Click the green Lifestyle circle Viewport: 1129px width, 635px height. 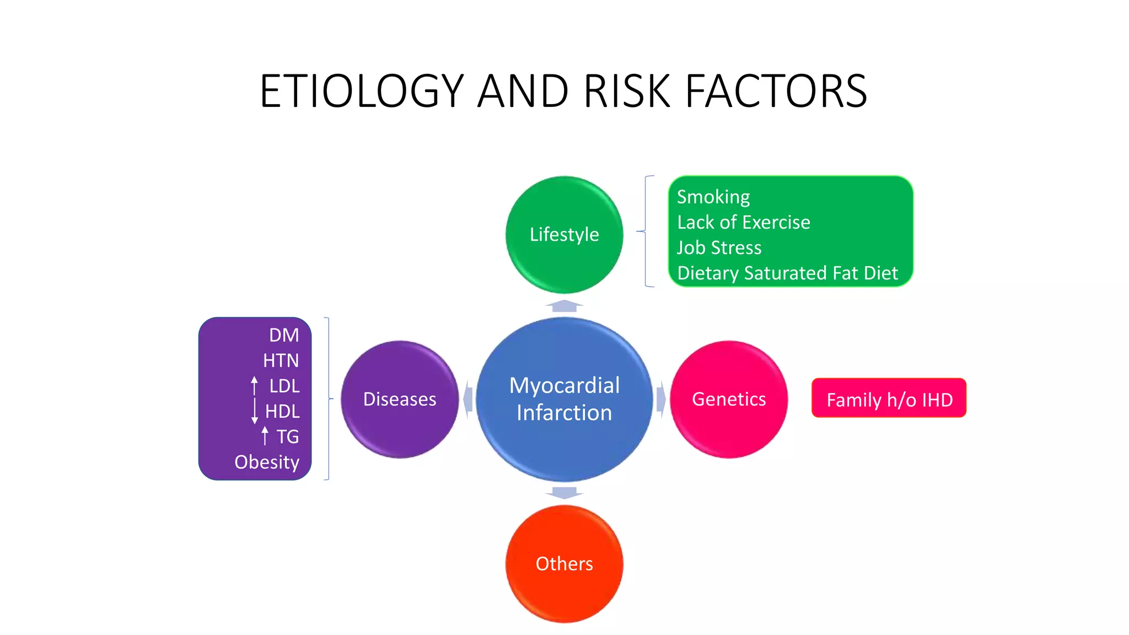tap(564, 234)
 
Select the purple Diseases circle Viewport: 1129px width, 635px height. tap(400, 399)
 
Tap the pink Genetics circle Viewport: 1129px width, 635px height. tap(729, 399)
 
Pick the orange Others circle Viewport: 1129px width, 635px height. tap(564, 564)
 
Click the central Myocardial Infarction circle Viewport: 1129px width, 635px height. tap(564, 399)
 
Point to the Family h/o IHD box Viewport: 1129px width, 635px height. tap(889, 399)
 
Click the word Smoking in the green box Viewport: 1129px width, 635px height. tap(713, 197)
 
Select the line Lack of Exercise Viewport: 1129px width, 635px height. tap(744, 222)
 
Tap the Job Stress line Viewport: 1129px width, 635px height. tap(719, 247)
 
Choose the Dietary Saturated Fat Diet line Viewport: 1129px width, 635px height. tap(787, 273)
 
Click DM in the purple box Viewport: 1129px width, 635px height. tap(284, 335)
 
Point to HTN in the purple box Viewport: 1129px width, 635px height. tap(281, 360)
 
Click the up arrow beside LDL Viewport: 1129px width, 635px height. tap(254, 385)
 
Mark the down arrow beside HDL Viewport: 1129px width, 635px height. tap(254, 411)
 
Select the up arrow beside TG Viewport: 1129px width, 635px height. tap(265, 436)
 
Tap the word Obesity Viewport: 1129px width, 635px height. tap(267, 462)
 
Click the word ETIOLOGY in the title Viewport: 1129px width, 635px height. tap(362, 91)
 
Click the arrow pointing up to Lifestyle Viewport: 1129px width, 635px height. tap(564, 306)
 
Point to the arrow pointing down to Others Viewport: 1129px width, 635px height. tap(564, 492)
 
